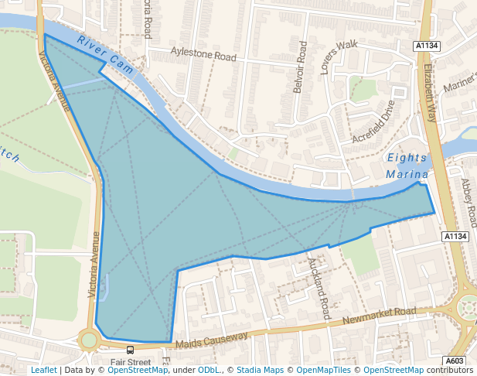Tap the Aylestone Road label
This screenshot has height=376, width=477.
tap(203, 56)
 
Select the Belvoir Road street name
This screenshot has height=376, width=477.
tap(300, 67)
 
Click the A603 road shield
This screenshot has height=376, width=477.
tap(456, 361)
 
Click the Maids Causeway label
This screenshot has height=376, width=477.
tap(211, 340)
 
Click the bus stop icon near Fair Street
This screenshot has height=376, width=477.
tap(130, 350)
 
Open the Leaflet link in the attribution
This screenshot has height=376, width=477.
tap(43, 371)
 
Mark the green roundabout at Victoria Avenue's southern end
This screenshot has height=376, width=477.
tap(89, 339)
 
